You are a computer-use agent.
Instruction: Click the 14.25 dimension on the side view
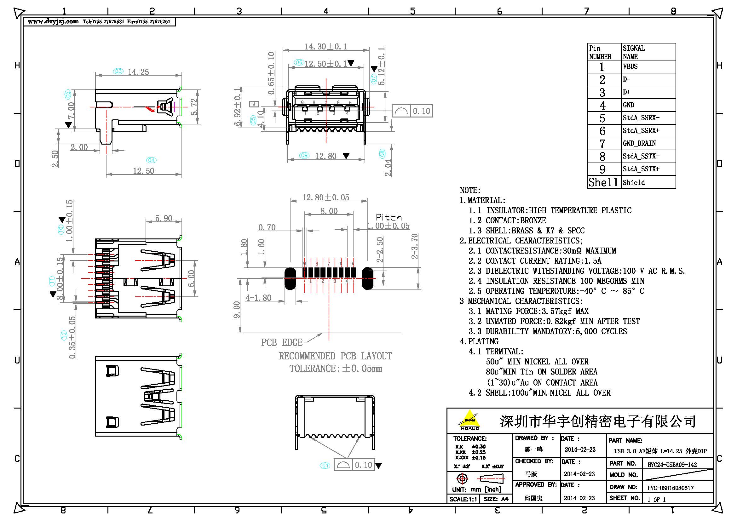(138, 72)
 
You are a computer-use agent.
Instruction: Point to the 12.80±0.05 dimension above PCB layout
(325, 197)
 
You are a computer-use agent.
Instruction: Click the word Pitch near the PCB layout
(389, 217)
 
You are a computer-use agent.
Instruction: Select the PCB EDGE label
(281, 343)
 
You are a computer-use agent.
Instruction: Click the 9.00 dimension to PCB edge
(237, 310)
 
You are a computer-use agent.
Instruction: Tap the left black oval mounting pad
(290, 278)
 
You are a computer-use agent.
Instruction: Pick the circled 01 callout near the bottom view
(325, 465)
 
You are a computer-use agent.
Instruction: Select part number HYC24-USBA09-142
(672, 465)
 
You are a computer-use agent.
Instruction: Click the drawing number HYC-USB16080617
(670, 488)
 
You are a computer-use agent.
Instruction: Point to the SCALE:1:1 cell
(463, 499)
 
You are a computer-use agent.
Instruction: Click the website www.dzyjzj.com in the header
(53, 21)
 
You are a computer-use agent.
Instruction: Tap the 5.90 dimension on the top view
(164, 219)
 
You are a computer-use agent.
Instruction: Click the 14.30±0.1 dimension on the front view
(325, 47)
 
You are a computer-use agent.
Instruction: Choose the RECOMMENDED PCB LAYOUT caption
(335, 356)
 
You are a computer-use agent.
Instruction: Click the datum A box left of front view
(254, 104)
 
